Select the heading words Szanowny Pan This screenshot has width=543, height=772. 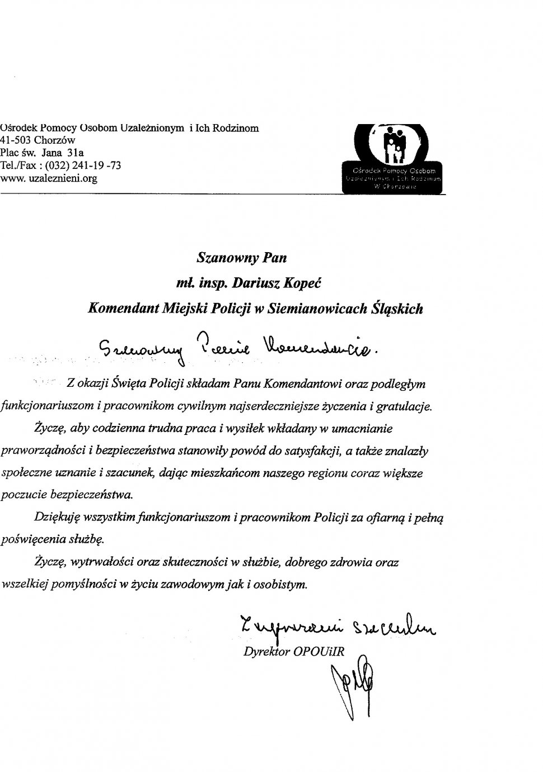coord(242,258)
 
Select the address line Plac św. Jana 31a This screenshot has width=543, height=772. coord(42,153)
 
